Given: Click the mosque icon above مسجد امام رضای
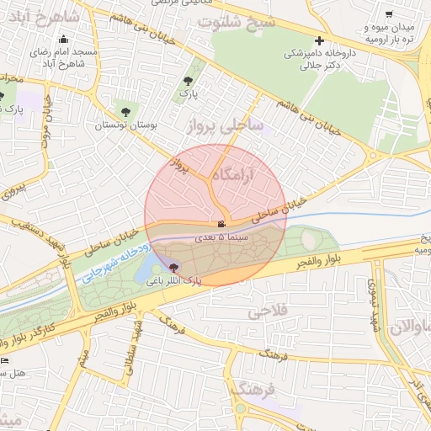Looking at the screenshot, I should click(64, 39).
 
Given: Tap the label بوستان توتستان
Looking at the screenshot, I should click(127, 125).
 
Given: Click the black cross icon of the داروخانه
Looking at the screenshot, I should click(319, 40).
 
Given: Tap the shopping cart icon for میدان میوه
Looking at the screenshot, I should click(388, 14).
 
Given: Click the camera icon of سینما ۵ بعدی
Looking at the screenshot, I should click(221, 225).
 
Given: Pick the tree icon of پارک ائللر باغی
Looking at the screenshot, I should click(174, 267).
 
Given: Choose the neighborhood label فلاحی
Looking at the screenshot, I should click(268, 311).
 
